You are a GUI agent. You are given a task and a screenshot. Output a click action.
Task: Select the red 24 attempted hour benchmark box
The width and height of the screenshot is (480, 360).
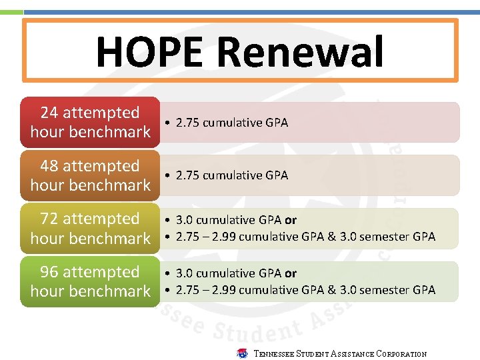(x=91, y=122)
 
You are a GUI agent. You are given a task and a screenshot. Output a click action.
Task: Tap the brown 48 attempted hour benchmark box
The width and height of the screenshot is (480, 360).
(x=91, y=175)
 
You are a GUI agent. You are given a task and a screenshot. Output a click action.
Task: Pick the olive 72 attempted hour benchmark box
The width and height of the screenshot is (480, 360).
(x=91, y=229)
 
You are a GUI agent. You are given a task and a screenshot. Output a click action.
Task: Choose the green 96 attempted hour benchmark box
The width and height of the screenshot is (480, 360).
(x=91, y=282)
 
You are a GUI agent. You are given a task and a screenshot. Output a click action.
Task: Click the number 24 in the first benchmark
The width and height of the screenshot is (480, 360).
(x=50, y=113)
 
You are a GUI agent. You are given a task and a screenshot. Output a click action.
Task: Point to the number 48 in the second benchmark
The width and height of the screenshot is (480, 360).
(x=50, y=166)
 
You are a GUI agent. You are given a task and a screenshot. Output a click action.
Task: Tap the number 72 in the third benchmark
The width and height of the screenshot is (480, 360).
(x=50, y=219)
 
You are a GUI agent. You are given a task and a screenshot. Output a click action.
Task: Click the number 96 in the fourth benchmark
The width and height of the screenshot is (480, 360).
(x=50, y=272)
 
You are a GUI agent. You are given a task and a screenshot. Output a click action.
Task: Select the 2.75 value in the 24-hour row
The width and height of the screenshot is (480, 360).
(x=187, y=123)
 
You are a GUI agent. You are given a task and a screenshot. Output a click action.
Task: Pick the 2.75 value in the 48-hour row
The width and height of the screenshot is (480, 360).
(x=187, y=175)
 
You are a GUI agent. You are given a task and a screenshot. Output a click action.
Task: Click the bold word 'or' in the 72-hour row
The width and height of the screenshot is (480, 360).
(x=291, y=220)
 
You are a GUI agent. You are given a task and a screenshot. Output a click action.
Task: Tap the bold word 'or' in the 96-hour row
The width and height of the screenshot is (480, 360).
(x=291, y=273)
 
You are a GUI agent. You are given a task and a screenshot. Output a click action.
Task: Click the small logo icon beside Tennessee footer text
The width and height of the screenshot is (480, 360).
(x=242, y=353)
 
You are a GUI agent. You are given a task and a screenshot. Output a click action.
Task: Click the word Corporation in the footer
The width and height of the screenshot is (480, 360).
(x=401, y=354)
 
